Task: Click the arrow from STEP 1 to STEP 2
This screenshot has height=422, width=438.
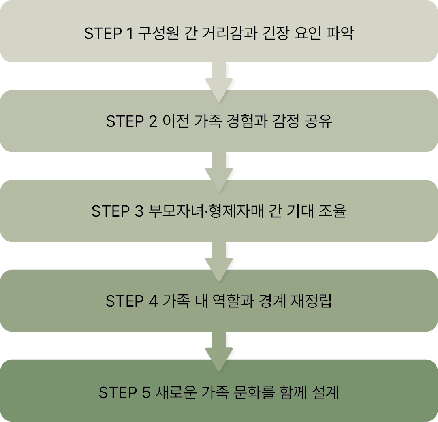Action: (219, 79)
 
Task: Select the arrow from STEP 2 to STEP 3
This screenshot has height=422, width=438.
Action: (219, 169)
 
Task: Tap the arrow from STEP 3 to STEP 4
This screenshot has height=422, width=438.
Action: (219, 259)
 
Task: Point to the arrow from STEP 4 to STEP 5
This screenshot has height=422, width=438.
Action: (219, 349)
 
